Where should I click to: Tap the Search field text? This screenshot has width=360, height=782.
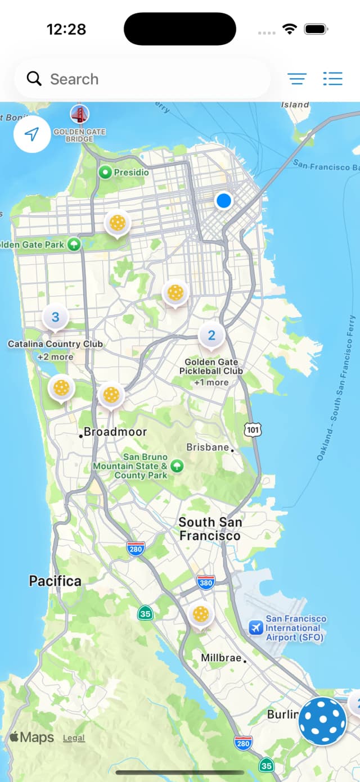coord(74,79)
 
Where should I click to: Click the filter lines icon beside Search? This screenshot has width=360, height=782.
coord(297,79)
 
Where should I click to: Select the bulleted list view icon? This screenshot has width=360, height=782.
coord(333,79)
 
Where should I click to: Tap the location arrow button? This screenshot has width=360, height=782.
coord(32,134)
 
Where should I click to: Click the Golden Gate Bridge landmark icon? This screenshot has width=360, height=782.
coord(79,115)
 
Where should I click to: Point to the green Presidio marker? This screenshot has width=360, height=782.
coord(105,172)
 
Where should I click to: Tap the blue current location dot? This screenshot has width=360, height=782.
coord(224,201)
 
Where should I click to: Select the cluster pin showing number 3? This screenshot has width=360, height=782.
coord(55,317)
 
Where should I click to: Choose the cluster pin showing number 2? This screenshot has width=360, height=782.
coord(211,336)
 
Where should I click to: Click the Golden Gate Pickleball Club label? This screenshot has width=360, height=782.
coord(211,367)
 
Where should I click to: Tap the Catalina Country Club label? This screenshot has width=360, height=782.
coord(55,344)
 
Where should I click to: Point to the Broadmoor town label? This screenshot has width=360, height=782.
coord(115,432)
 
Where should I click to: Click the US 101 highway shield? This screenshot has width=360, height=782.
coord(253,430)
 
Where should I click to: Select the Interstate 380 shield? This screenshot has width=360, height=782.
coord(205,583)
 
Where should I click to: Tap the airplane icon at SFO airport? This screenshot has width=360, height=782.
coord(256,627)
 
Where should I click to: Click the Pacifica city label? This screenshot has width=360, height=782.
coord(55,581)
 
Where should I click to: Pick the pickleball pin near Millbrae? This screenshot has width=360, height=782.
coord(200,614)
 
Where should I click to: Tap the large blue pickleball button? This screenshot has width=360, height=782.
coord(322,721)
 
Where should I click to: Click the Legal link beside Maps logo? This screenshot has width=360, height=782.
coord(74,738)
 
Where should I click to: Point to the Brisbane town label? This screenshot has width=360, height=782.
coord(208,447)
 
